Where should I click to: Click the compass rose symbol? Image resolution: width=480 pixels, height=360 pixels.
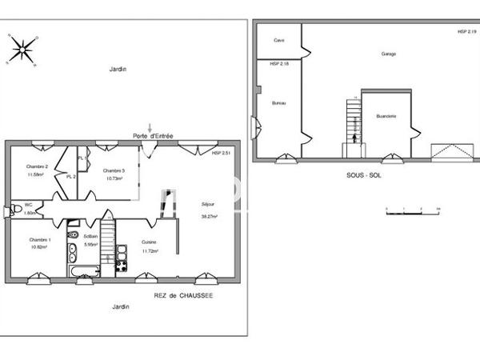tap(22, 50)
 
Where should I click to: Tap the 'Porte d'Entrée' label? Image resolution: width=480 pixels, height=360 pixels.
tap(153, 136)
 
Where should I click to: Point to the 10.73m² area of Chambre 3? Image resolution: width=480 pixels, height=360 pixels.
tap(113, 178)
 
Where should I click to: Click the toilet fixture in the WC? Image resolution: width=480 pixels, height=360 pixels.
tap(12, 210)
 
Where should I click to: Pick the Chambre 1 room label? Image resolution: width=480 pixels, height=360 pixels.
tap(39, 240)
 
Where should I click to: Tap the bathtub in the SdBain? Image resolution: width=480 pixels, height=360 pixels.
tap(82, 274)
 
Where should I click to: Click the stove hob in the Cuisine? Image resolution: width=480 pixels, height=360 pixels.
tap(122, 266)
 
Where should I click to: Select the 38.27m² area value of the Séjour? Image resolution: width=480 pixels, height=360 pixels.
tap(210, 216)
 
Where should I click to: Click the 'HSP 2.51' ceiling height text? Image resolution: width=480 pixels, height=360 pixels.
tap(221, 152)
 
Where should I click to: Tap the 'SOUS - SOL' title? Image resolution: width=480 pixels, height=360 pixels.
tap(363, 174)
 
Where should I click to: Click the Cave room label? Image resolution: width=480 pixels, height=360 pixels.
tap(278, 39)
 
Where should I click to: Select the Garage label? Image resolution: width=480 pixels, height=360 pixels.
tap(389, 54)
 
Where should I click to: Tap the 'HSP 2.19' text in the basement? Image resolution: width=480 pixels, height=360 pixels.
tap(466, 31)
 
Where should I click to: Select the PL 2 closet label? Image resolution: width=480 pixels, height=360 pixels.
tap(70, 176)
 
